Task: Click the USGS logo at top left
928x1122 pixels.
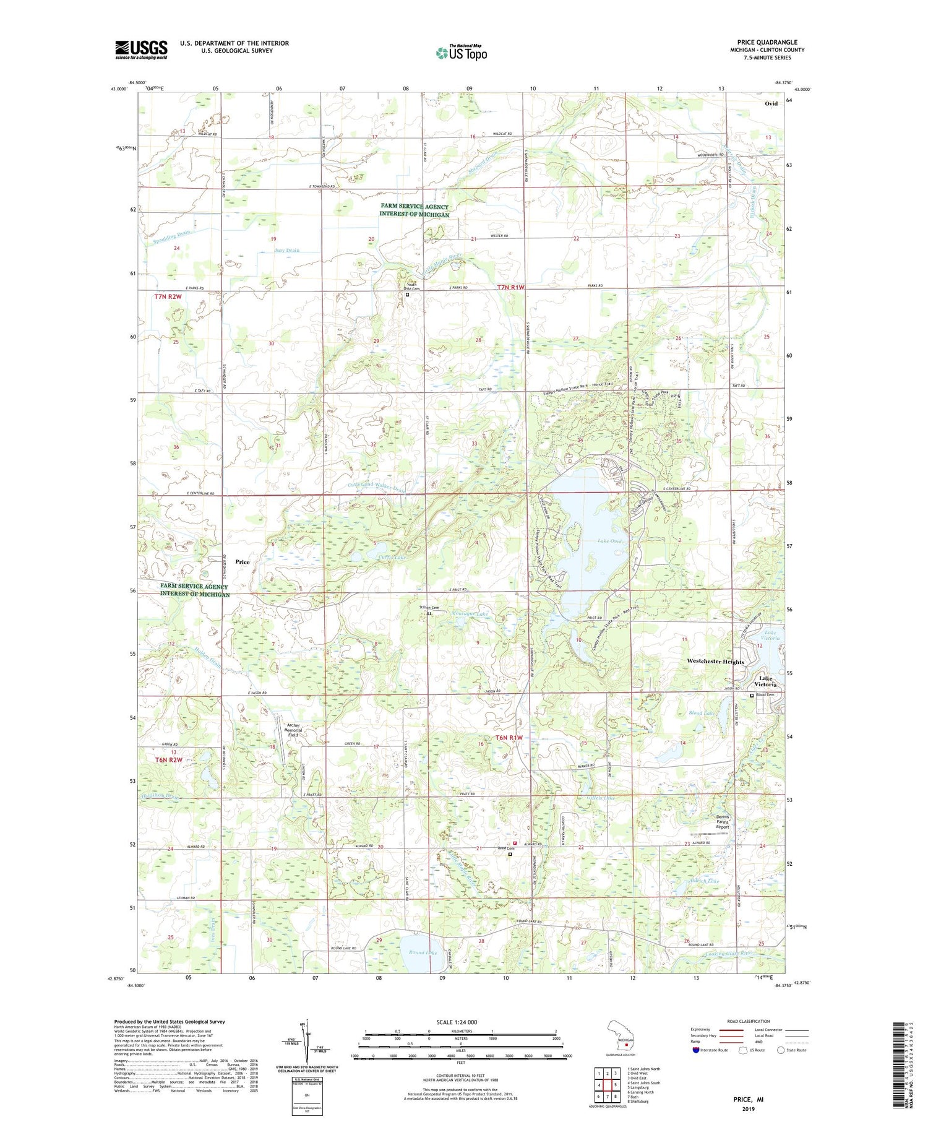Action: point(141,50)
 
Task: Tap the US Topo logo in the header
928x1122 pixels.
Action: point(461,53)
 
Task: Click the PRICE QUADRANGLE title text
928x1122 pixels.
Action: point(767,42)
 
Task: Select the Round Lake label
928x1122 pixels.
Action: point(423,952)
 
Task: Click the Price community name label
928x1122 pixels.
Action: point(243,562)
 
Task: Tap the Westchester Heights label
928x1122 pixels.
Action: point(715,662)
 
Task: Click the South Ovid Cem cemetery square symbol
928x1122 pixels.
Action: point(407,295)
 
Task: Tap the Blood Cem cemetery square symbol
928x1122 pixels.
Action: point(752,696)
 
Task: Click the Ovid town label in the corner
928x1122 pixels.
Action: point(771,103)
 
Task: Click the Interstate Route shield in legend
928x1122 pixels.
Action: point(696,1050)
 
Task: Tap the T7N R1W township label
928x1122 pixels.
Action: point(511,287)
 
